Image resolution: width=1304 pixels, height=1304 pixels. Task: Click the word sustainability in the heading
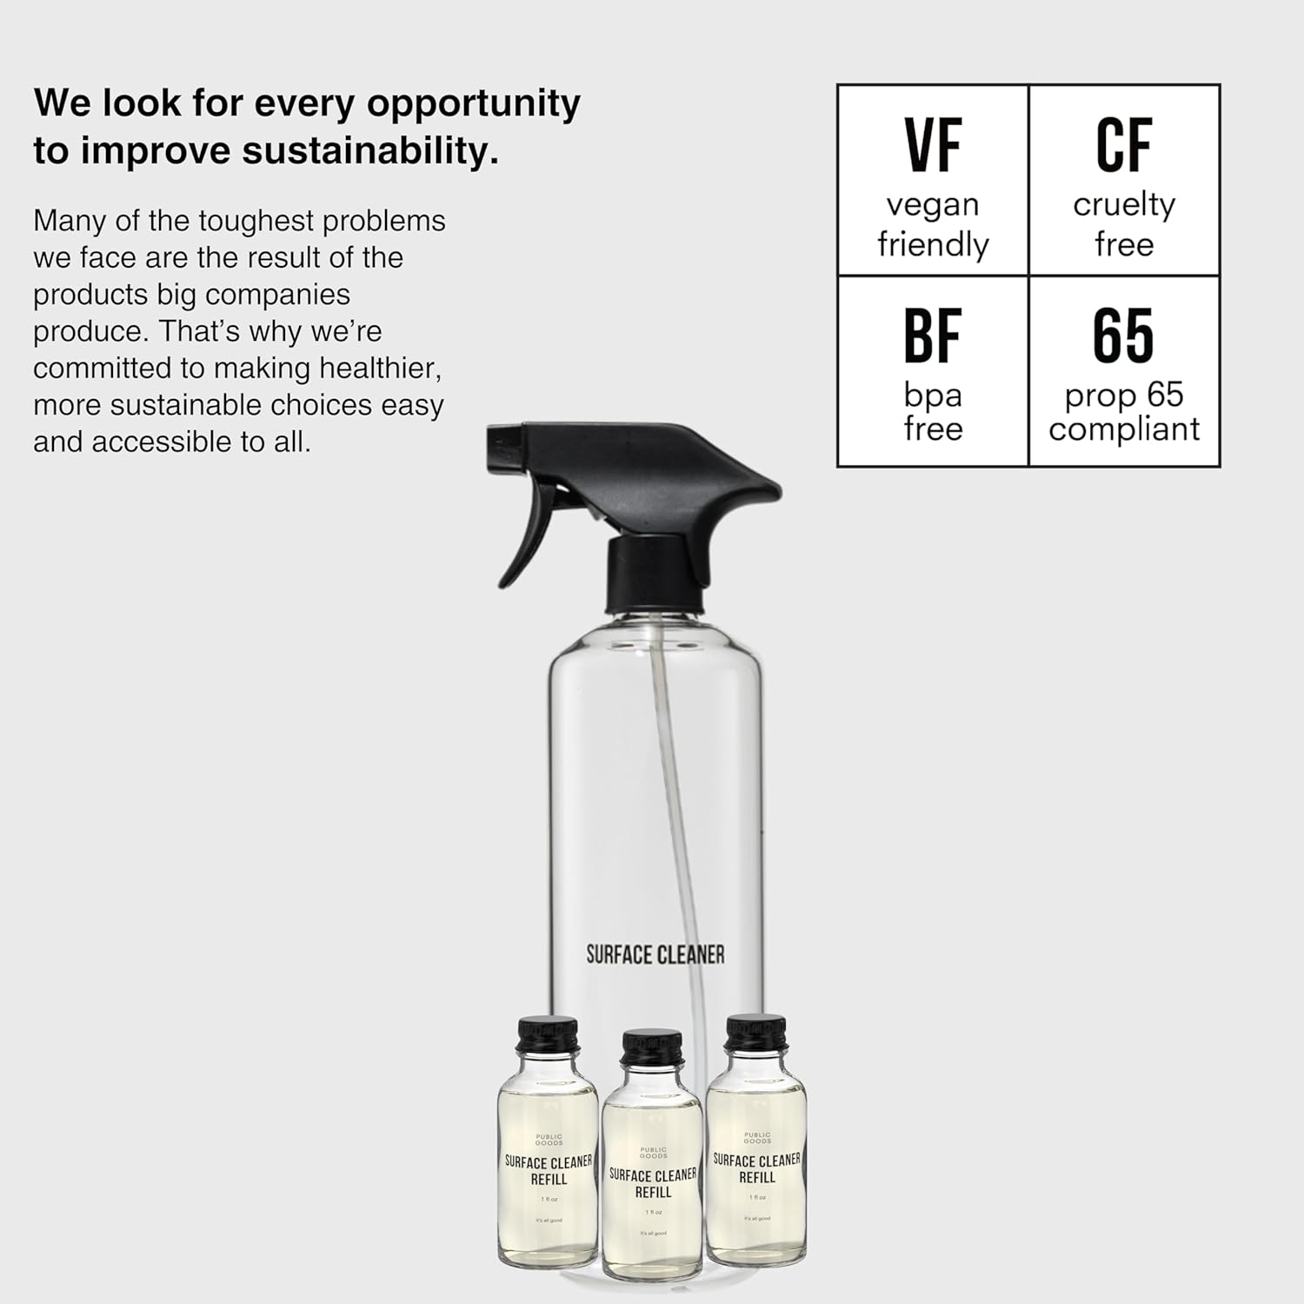click(369, 151)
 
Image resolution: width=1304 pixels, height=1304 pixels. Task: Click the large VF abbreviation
click(933, 145)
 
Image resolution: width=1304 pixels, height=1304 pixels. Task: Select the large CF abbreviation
click(1123, 145)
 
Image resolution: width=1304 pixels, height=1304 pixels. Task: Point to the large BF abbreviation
click(933, 336)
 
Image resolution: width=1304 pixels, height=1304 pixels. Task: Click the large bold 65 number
click(1123, 336)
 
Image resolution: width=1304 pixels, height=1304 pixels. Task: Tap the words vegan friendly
click(933, 224)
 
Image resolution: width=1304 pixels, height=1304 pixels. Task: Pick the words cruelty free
click(1123, 224)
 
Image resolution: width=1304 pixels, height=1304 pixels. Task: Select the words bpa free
click(933, 412)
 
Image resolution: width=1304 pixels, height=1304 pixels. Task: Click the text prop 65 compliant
click(1123, 412)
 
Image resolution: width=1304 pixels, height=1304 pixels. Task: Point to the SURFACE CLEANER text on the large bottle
click(655, 955)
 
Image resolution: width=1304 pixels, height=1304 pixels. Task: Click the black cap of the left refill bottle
click(548, 1035)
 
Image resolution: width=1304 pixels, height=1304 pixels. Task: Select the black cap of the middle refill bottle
click(652, 1048)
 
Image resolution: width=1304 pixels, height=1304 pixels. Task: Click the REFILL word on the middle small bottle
click(653, 1193)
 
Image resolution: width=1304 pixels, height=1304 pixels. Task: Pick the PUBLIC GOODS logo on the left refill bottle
click(549, 1140)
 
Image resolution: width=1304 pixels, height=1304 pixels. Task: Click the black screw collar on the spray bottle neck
click(654, 574)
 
